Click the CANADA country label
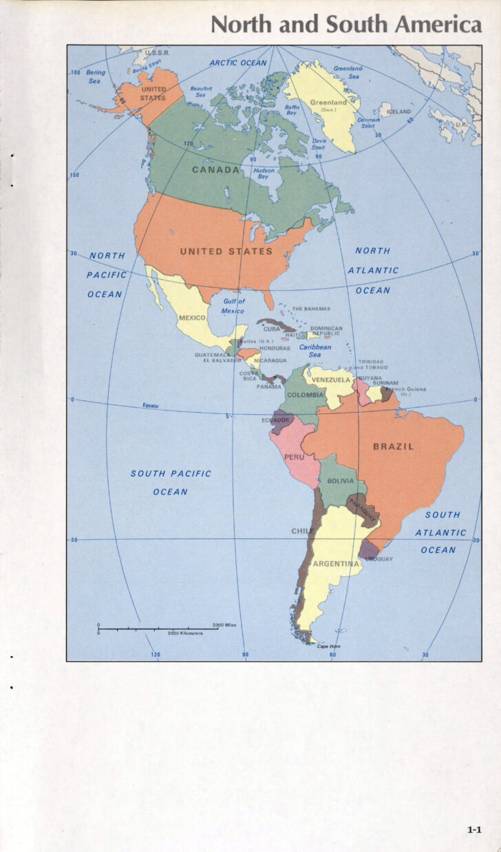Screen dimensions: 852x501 215,170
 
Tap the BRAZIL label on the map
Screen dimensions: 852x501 394,446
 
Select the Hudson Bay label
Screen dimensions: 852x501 264,173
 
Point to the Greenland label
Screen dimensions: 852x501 328,103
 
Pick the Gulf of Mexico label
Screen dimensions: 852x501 233,306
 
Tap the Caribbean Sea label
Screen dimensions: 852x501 315,351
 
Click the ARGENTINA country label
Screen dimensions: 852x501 337,564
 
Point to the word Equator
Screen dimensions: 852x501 151,406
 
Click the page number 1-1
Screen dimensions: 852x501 474,830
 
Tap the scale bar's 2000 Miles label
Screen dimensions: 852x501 224,624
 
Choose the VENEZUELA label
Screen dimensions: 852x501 332,380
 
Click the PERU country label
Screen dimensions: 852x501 294,457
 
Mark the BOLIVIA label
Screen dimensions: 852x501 341,481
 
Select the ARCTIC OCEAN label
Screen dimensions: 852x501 237,63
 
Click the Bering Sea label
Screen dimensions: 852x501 95,76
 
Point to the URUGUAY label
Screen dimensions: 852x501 379,558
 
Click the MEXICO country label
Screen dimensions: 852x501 192,318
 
